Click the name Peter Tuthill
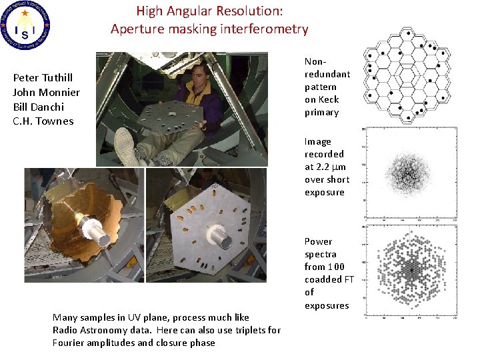click(43, 78)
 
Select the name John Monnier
click(46, 93)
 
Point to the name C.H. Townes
click(43, 121)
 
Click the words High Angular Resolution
click(209, 11)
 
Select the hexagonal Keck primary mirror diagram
click(407, 75)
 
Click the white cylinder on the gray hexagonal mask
click(218, 235)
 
